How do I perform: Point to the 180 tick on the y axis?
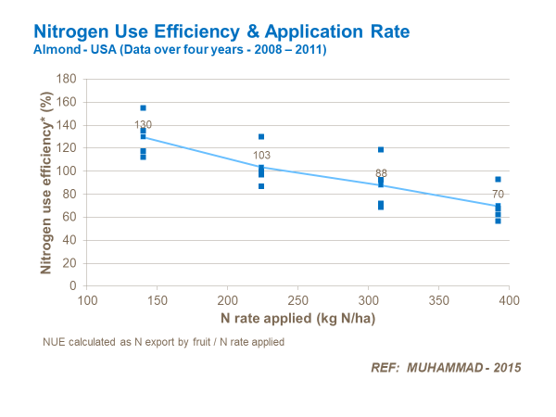(x=66, y=79)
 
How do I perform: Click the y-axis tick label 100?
(x=66, y=171)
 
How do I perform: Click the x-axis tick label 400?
(x=510, y=301)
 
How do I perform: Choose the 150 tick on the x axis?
(x=158, y=301)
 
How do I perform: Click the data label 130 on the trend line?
(x=143, y=125)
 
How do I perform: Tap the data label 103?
(x=261, y=156)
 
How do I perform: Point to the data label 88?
(x=381, y=173)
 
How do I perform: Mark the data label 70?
(x=498, y=195)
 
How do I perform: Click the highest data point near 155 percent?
(x=143, y=108)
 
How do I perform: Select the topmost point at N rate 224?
(x=261, y=137)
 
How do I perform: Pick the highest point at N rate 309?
(x=381, y=150)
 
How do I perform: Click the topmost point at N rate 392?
(x=498, y=180)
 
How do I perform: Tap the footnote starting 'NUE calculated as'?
(x=162, y=342)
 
